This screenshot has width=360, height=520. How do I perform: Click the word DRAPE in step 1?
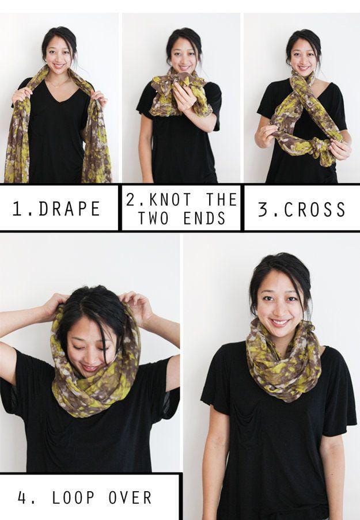[x=70, y=208]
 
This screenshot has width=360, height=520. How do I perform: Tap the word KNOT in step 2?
[x=170, y=199]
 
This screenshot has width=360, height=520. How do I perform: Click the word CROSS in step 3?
[x=314, y=210]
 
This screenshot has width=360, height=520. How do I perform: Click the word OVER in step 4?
[x=130, y=498]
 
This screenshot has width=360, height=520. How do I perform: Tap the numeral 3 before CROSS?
[x=263, y=210]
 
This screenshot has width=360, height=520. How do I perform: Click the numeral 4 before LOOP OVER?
[x=22, y=498]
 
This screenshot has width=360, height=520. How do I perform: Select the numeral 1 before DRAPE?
[x=17, y=208]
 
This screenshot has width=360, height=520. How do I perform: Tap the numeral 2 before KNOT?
[x=130, y=199]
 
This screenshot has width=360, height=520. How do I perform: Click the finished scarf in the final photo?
[x=284, y=360]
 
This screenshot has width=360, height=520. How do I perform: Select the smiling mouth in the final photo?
[x=279, y=322]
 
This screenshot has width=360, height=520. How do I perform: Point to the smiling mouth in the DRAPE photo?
[x=59, y=65]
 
